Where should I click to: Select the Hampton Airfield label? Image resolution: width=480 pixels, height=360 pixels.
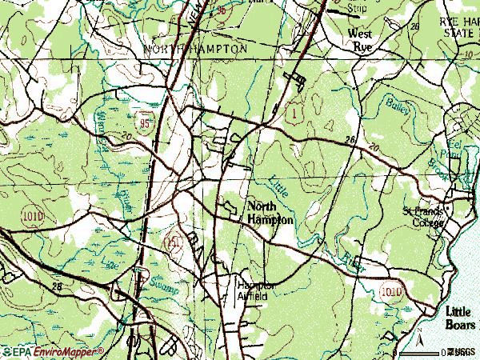[x=255, y=290]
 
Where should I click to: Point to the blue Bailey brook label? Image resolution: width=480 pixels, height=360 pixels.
[x=398, y=106]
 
